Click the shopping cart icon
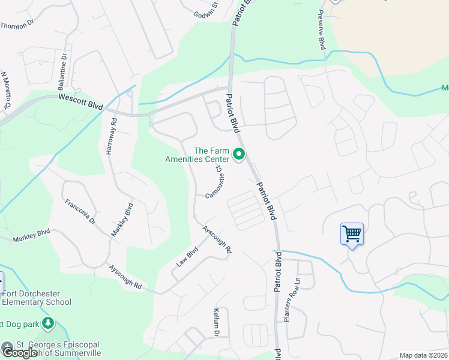click(x=352, y=233)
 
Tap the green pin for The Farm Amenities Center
click(x=239, y=155)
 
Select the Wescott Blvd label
click(x=80, y=103)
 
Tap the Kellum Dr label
click(x=217, y=322)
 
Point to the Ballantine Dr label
click(x=62, y=71)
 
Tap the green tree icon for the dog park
click(x=47, y=324)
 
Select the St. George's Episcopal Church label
click(x=58, y=349)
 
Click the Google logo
click(x=20, y=353)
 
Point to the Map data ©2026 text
click(x=423, y=355)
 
